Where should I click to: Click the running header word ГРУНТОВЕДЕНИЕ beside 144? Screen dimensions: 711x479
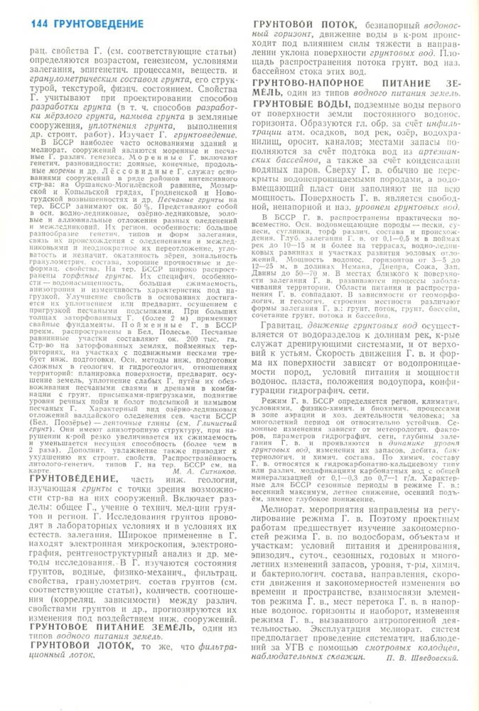[96, 23]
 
